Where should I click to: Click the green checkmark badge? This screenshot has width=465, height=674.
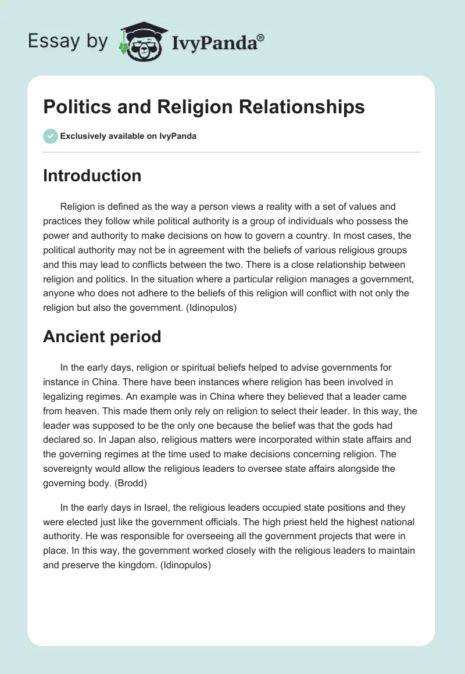pos(50,136)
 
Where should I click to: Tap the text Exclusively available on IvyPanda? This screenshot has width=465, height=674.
pos(128,137)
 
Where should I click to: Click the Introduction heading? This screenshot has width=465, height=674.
pos(92,175)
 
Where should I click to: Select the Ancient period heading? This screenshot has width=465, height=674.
pos(102,336)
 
